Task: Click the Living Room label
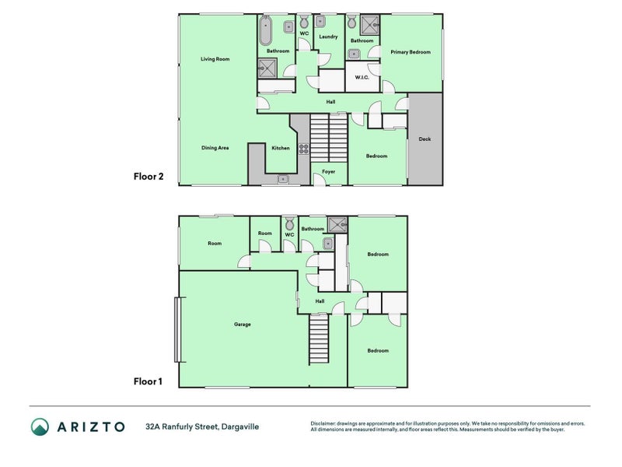coord(215,59)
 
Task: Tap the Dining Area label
coord(215,148)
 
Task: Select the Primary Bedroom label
coord(411,52)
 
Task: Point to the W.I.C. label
coord(362,77)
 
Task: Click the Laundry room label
coord(328,37)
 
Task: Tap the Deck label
coord(425,139)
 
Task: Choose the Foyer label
coord(328,171)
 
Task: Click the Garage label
coord(243,325)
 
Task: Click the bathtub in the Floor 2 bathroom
coord(266,30)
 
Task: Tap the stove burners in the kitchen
coord(304,149)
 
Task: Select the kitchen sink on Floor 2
coord(283,180)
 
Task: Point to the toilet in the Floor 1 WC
coord(290,223)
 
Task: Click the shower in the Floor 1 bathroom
coord(337,224)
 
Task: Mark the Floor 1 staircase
coord(319,339)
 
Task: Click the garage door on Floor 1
coord(179,329)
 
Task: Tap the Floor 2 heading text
coord(149,177)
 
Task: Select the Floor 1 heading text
coord(148,381)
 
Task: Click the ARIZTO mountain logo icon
coord(40,427)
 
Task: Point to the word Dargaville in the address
coord(240,427)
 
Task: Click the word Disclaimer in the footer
coord(323,423)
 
